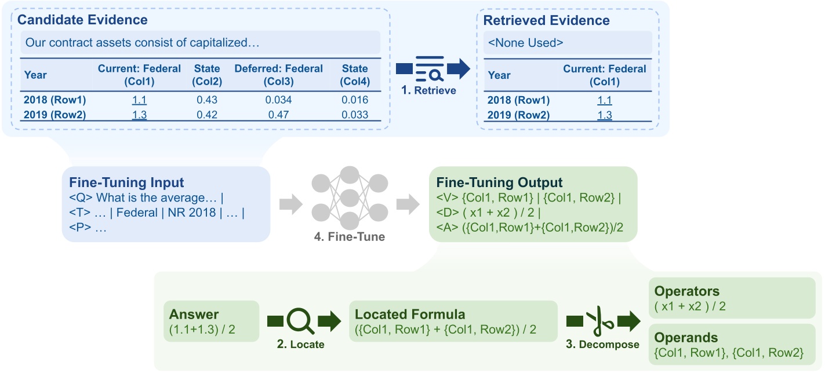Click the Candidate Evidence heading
82,20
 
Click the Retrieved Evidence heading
547,20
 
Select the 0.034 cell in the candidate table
278,100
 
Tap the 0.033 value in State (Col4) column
355,115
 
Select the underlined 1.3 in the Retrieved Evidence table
604,115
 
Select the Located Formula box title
409,315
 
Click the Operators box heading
686,291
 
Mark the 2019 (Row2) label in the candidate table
54,115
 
